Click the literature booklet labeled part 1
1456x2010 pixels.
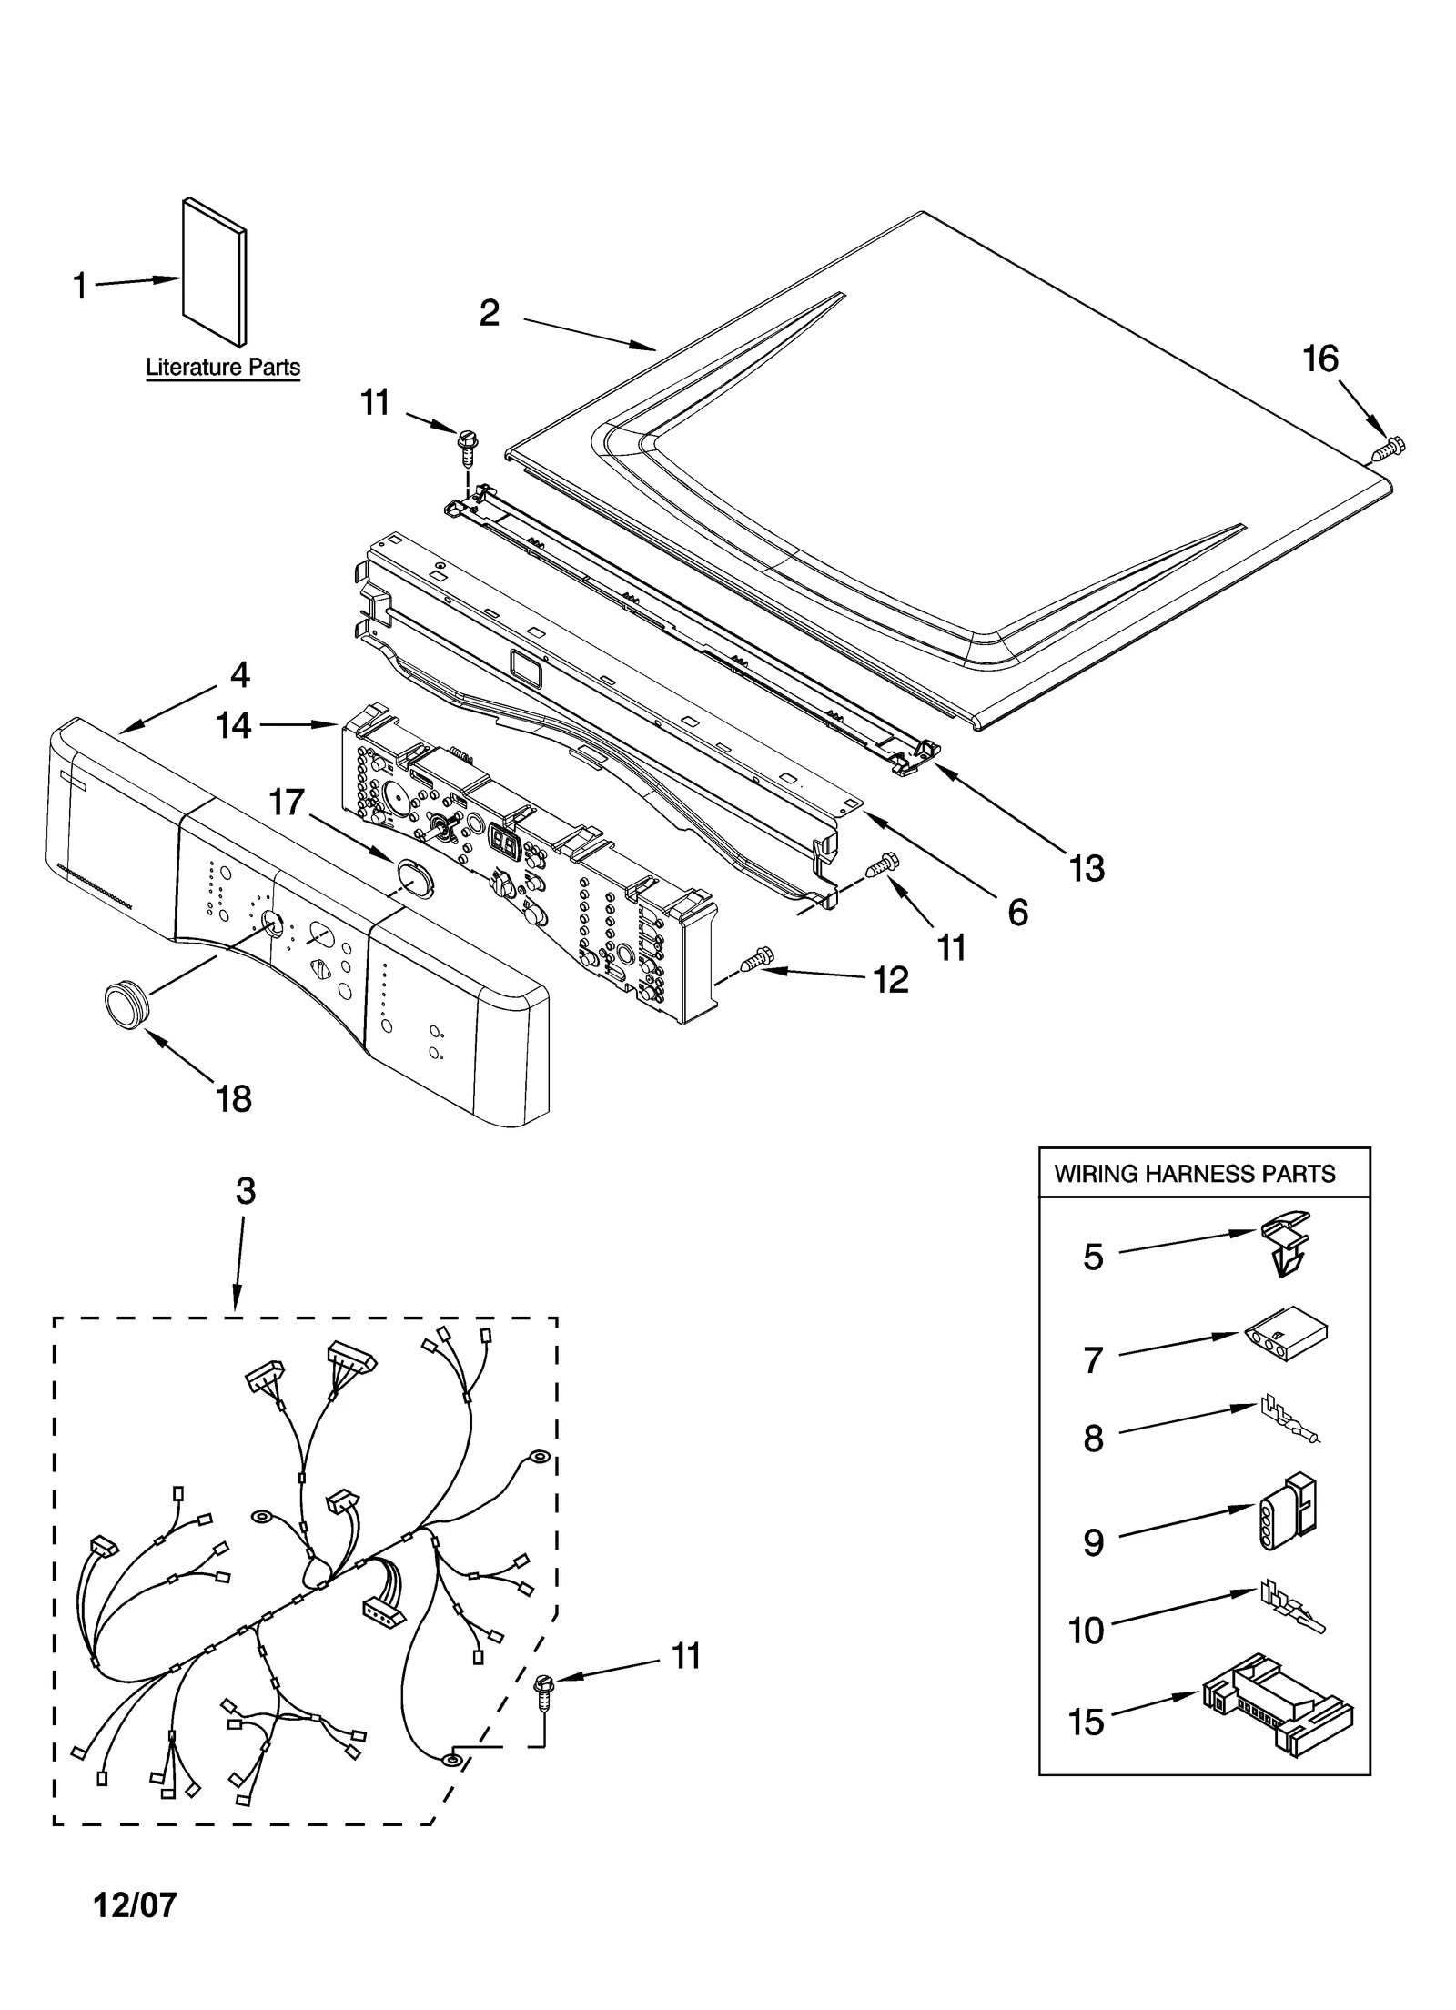click(215, 272)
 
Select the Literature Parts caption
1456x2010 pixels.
click(223, 368)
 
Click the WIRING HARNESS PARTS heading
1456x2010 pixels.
click(1194, 1174)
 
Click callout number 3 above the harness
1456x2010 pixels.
click(246, 1191)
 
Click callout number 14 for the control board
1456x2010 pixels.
click(233, 725)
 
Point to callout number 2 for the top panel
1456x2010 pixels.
click(489, 313)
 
